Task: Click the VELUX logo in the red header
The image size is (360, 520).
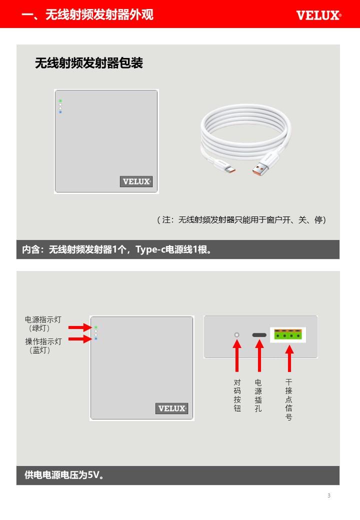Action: (318, 15)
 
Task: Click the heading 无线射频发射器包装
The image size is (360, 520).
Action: (89, 63)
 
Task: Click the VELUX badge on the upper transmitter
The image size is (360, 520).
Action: (136, 181)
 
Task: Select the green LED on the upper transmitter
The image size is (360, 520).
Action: (60, 100)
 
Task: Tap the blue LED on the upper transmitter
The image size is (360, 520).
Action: (60, 112)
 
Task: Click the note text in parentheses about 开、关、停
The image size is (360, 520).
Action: (241, 219)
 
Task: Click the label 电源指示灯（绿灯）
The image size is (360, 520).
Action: (43, 323)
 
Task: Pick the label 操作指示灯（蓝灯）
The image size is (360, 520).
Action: (43, 345)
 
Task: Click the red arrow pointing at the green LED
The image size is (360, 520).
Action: (80, 327)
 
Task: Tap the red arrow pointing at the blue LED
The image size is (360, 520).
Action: (80, 339)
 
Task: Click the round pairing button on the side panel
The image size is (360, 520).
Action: (236, 335)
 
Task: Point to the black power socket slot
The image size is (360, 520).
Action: (259, 335)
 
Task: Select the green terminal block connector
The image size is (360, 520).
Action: (288, 334)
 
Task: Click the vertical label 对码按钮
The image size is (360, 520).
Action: (237, 395)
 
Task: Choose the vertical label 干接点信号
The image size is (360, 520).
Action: (288, 399)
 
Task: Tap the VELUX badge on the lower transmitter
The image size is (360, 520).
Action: (171, 408)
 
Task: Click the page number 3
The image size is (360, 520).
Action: (329, 495)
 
